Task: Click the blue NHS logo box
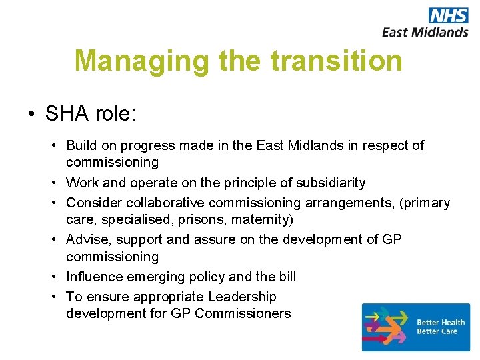coord(448,15)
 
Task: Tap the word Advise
coord(87,239)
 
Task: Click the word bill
coord(286,276)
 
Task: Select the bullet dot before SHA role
coord(31,114)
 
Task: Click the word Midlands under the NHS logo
coord(439,31)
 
